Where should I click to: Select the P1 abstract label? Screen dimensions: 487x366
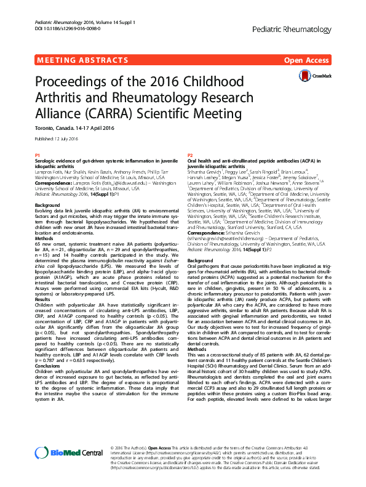pyautogui.click(x=37, y=155)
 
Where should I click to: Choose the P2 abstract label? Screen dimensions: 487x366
pyautogui.click(x=190, y=155)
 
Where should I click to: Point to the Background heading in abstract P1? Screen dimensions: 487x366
pyautogui.click(x=47, y=204)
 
